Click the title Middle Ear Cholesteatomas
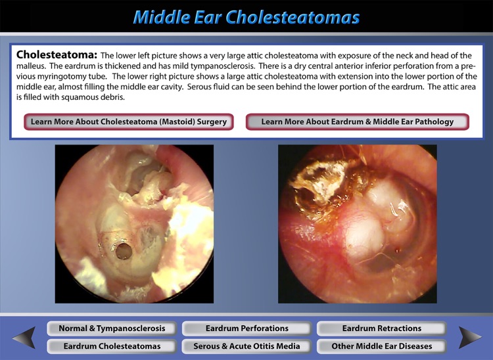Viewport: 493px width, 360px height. point(246,16)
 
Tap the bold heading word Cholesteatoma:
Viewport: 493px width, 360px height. point(57,55)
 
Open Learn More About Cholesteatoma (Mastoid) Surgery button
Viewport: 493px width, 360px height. point(129,122)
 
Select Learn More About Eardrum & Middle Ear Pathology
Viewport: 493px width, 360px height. point(358,122)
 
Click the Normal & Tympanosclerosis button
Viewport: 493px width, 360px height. point(112,328)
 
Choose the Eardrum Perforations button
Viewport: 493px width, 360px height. point(246,328)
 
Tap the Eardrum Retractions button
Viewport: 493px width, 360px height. point(381,328)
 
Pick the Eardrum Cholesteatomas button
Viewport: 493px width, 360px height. point(112,346)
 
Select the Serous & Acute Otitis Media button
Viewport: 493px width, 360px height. point(246,346)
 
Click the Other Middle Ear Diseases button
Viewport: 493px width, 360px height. point(381,346)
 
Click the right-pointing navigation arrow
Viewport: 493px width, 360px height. point(469,337)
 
